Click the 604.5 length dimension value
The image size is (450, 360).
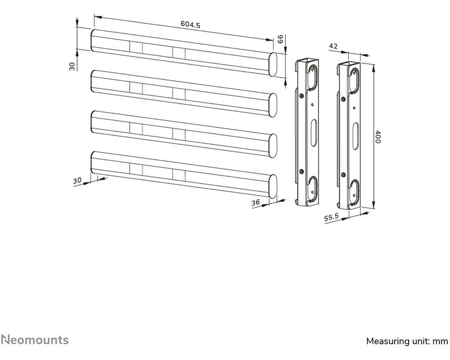(x=190, y=25)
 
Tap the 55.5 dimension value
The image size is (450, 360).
(x=331, y=217)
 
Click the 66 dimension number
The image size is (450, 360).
(x=280, y=39)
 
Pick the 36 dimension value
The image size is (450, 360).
(x=255, y=202)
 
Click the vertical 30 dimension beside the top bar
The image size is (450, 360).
(x=72, y=66)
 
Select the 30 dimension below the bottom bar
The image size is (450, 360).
(x=77, y=180)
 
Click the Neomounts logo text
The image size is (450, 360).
(x=34, y=340)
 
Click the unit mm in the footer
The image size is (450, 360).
(x=440, y=341)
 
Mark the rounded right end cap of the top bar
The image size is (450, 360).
(x=273, y=64)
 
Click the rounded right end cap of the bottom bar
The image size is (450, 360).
(x=273, y=186)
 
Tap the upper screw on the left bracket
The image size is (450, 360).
(x=302, y=96)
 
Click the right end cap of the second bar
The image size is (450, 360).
(x=273, y=105)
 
